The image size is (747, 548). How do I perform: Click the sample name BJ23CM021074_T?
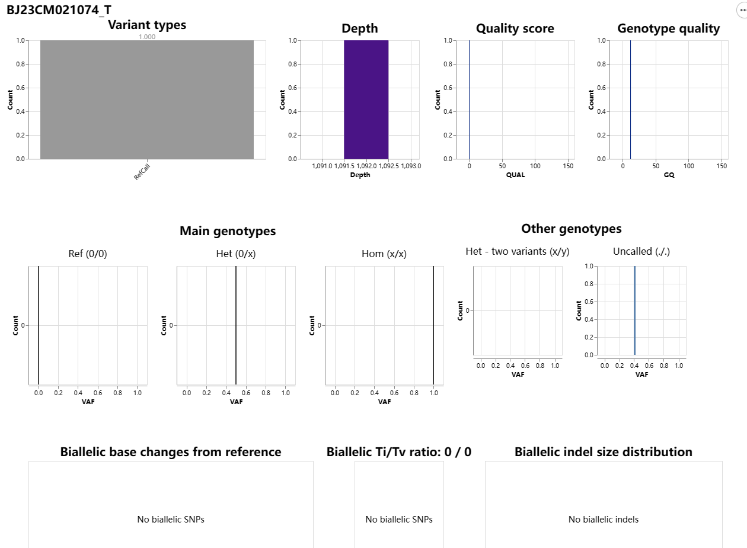coord(59,10)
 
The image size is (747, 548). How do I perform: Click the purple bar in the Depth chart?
coord(366,100)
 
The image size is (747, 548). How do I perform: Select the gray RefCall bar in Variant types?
coord(147,100)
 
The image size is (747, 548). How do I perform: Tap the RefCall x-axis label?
coord(142,172)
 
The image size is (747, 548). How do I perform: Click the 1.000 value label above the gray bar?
coord(147,37)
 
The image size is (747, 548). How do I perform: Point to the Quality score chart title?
coord(515,28)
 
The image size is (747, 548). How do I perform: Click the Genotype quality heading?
coord(668,28)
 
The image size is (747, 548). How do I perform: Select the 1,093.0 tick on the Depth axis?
coord(410,166)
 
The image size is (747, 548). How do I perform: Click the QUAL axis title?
coord(515,175)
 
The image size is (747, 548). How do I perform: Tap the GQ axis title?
coord(669,175)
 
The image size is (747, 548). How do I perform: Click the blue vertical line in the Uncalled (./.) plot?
coord(634,310)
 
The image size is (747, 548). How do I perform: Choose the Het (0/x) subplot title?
coord(236,254)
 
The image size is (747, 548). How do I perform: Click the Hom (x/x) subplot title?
coord(384,254)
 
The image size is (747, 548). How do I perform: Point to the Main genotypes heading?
coord(228,231)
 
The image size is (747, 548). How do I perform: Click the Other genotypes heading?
coord(571,229)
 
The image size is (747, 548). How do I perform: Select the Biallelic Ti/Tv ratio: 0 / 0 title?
coord(399,452)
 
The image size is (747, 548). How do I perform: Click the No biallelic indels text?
coord(604,520)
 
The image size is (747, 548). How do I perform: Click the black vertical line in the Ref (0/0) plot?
coord(38,325)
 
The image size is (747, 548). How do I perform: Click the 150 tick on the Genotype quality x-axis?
coord(722,166)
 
